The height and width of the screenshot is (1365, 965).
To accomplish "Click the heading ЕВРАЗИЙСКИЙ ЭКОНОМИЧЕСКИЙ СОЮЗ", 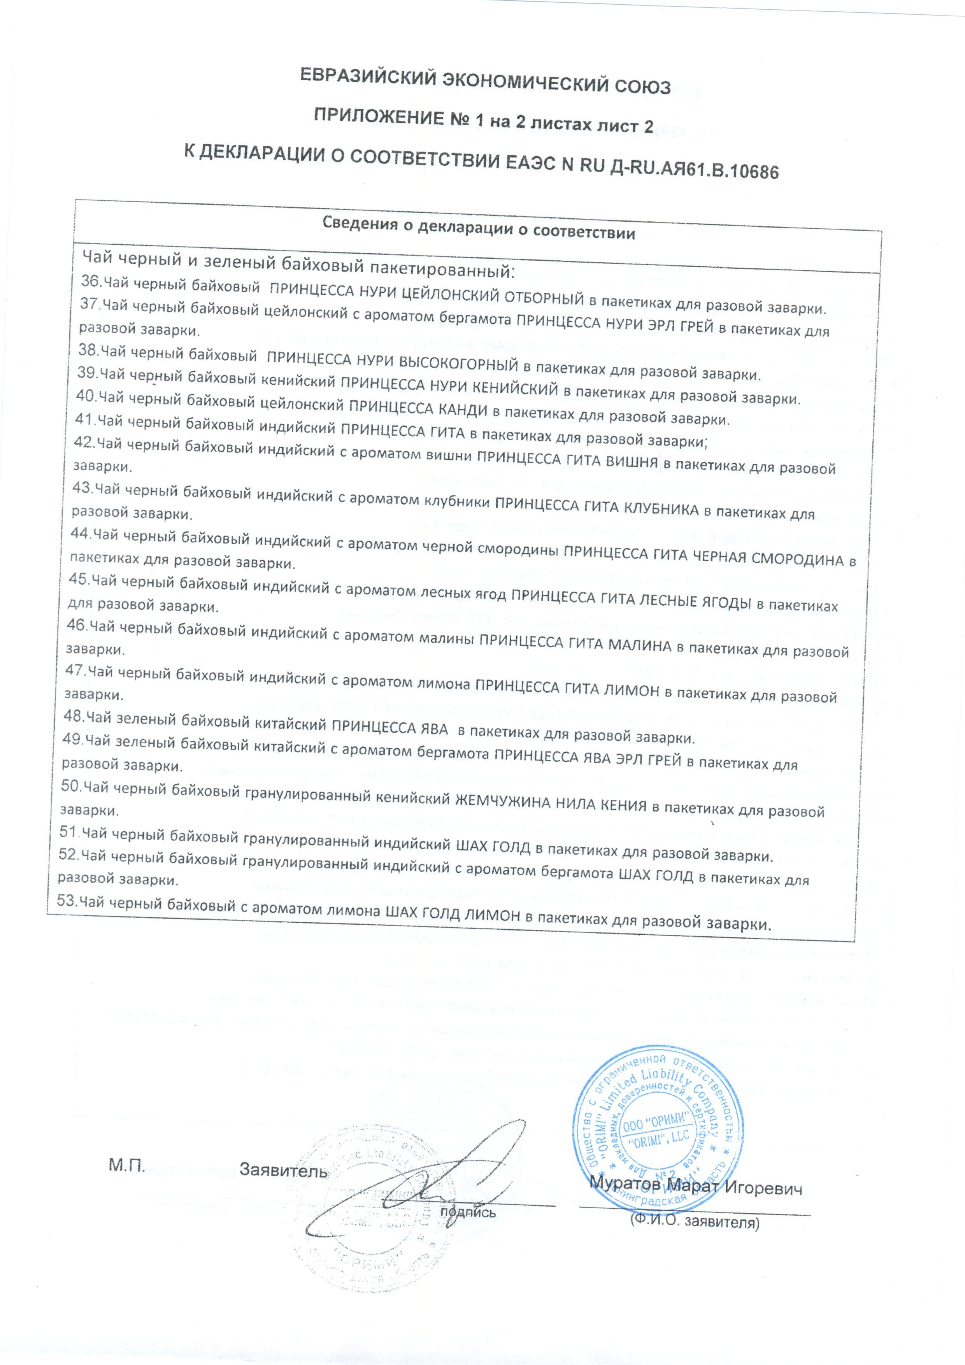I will [x=484, y=85].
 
